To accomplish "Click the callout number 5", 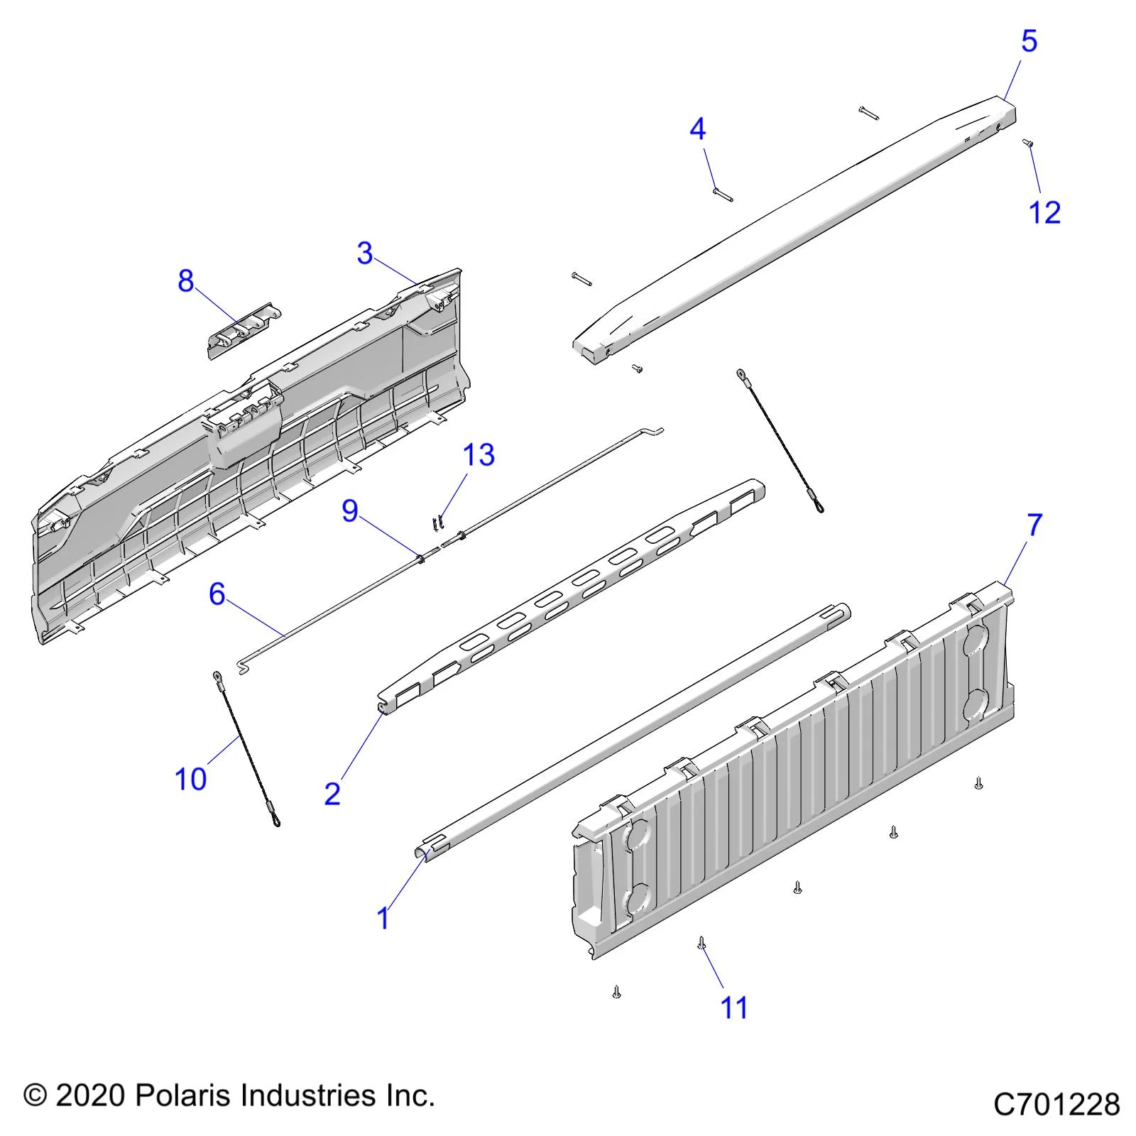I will click(1029, 41).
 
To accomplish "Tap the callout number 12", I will click(1044, 212).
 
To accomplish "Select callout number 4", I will click(697, 129).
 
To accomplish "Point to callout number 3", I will click(365, 253).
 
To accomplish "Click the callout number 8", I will click(185, 281).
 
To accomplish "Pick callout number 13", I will click(479, 455).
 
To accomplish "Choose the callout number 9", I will click(350, 511).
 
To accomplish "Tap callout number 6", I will click(217, 594).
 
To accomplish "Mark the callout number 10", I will click(190, 779).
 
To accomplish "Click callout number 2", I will click(332, 793).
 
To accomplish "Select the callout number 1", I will click(383, 918).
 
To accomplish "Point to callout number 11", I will click(734, 1007).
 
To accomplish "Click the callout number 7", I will click(1034, 525).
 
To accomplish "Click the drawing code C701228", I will click(1056, 1105).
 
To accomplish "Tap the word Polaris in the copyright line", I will click(184, 1096).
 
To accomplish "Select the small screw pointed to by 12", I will click(1027, 143).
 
